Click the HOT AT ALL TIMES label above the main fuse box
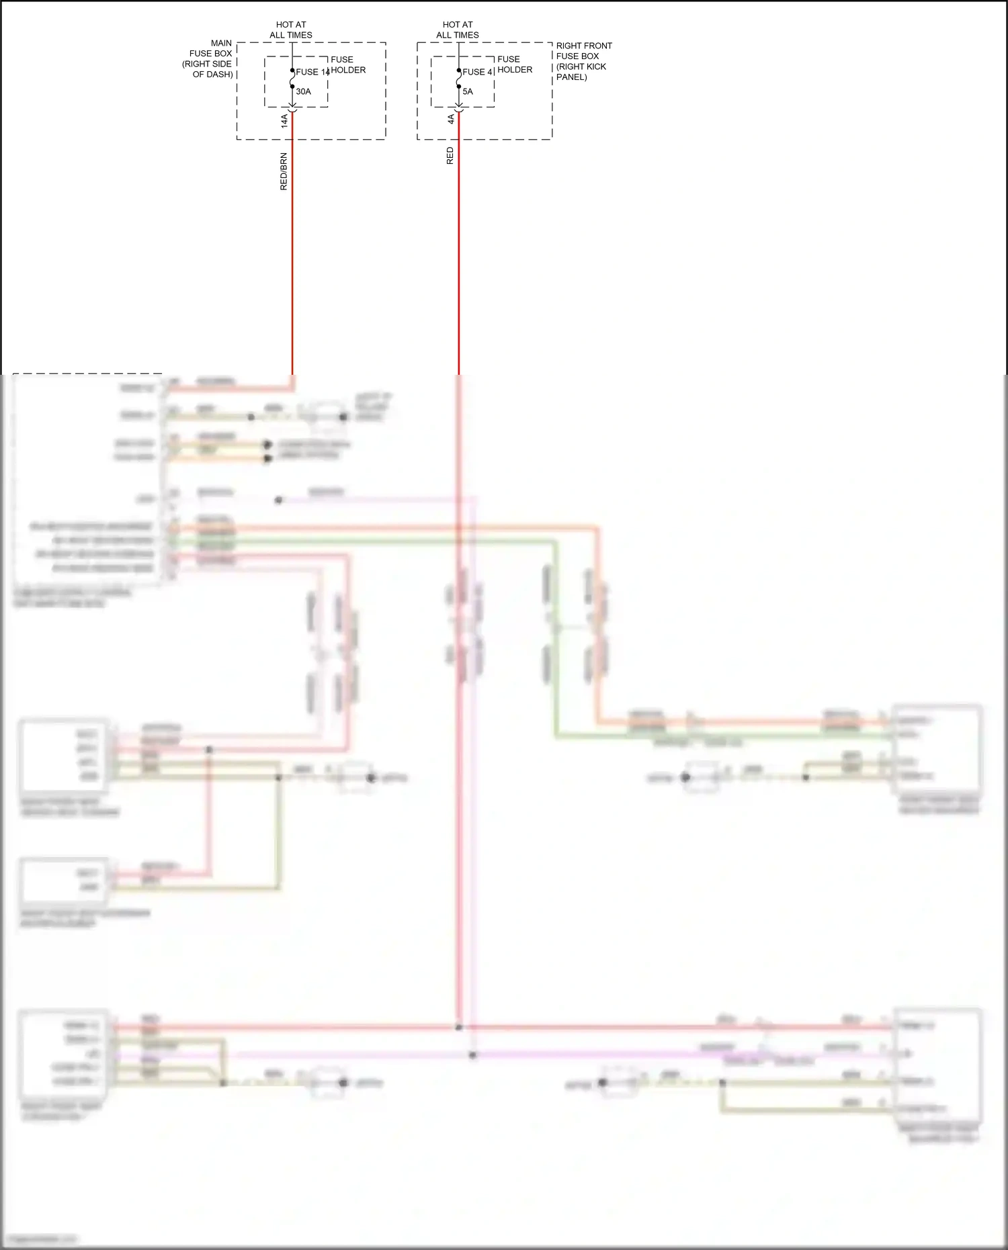tap(291, 30)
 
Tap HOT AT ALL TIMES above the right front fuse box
tap(458, 30)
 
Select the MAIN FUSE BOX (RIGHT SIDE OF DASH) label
tap(209, 58)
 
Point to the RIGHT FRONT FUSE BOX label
tap(583, 61)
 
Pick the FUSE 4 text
tap(478, 72)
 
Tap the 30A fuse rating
tap(304, 91)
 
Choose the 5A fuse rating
tap(468, 91)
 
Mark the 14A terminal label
tap(284, 121)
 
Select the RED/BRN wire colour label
tap(284, 171)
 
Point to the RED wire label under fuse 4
tap(450, 156)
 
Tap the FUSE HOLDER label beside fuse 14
tap(348, 64)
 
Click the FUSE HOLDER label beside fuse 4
tap(515, 64)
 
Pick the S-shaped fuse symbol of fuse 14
tap(292, 79)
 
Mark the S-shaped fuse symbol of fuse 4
tap(459, 79)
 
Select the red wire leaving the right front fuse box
tap(459, 269)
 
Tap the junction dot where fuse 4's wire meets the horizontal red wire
tap(458, 1028)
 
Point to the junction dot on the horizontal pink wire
tap(473, 1055)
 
